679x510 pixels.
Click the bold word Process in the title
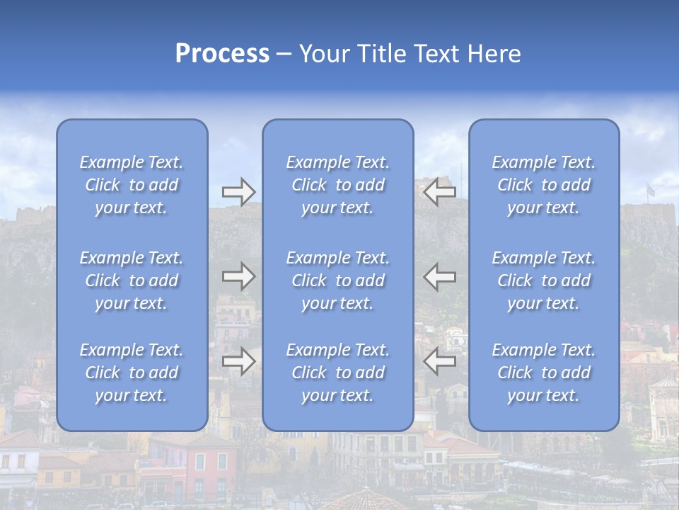222,54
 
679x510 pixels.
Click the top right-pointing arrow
238,192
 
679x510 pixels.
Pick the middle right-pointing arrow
238,276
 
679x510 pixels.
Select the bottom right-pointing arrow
238,361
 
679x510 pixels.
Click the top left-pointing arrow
440,192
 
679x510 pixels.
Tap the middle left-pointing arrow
440,276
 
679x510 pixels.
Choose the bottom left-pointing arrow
440,361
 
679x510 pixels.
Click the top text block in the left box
132,185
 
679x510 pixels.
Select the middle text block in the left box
132,280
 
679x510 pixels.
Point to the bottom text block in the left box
132,373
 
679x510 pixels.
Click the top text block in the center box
338,185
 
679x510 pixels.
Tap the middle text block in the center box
338,280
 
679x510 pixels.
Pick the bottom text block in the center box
338,373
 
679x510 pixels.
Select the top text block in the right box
544,185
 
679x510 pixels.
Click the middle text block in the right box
544,280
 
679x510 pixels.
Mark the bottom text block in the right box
544,373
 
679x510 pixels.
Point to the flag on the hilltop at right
650,190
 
